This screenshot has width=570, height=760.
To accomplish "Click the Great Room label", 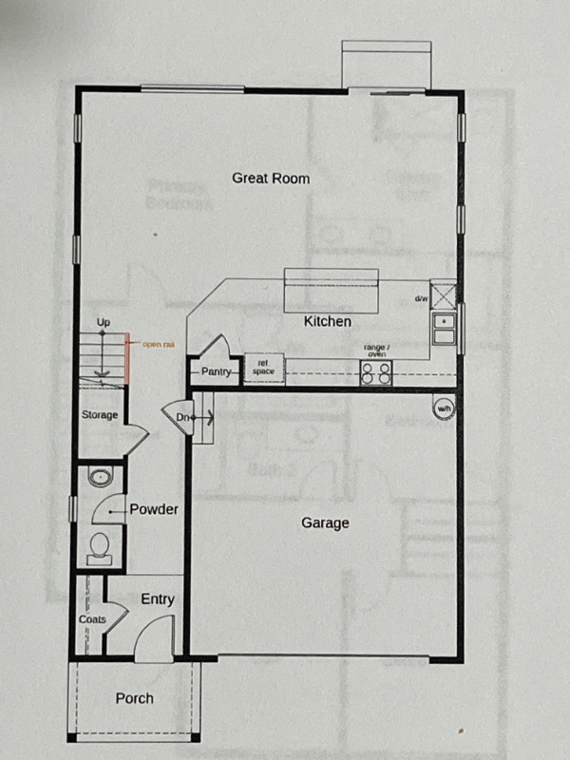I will tap(271, 178).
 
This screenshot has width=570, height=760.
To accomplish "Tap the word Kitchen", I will tap(328, 322).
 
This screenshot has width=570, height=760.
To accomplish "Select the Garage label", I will tap(326, 522).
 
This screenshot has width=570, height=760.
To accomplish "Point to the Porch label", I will tap(134, 698).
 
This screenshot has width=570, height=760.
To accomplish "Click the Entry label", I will tap(158, 598).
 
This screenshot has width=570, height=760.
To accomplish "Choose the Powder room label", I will tap(154, 509).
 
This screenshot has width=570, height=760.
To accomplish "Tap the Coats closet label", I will tap(91, 619).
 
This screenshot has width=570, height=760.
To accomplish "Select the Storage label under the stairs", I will tap(99, 415).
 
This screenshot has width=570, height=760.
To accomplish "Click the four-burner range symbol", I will tap(376, 372).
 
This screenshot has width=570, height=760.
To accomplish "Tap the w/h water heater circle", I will tap(444, 408).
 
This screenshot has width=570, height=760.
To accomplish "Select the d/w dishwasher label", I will tap(421, 299).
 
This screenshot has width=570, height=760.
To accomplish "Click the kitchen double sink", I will tap(444, 329).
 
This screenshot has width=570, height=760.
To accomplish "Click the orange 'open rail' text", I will tap(157, 344).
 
